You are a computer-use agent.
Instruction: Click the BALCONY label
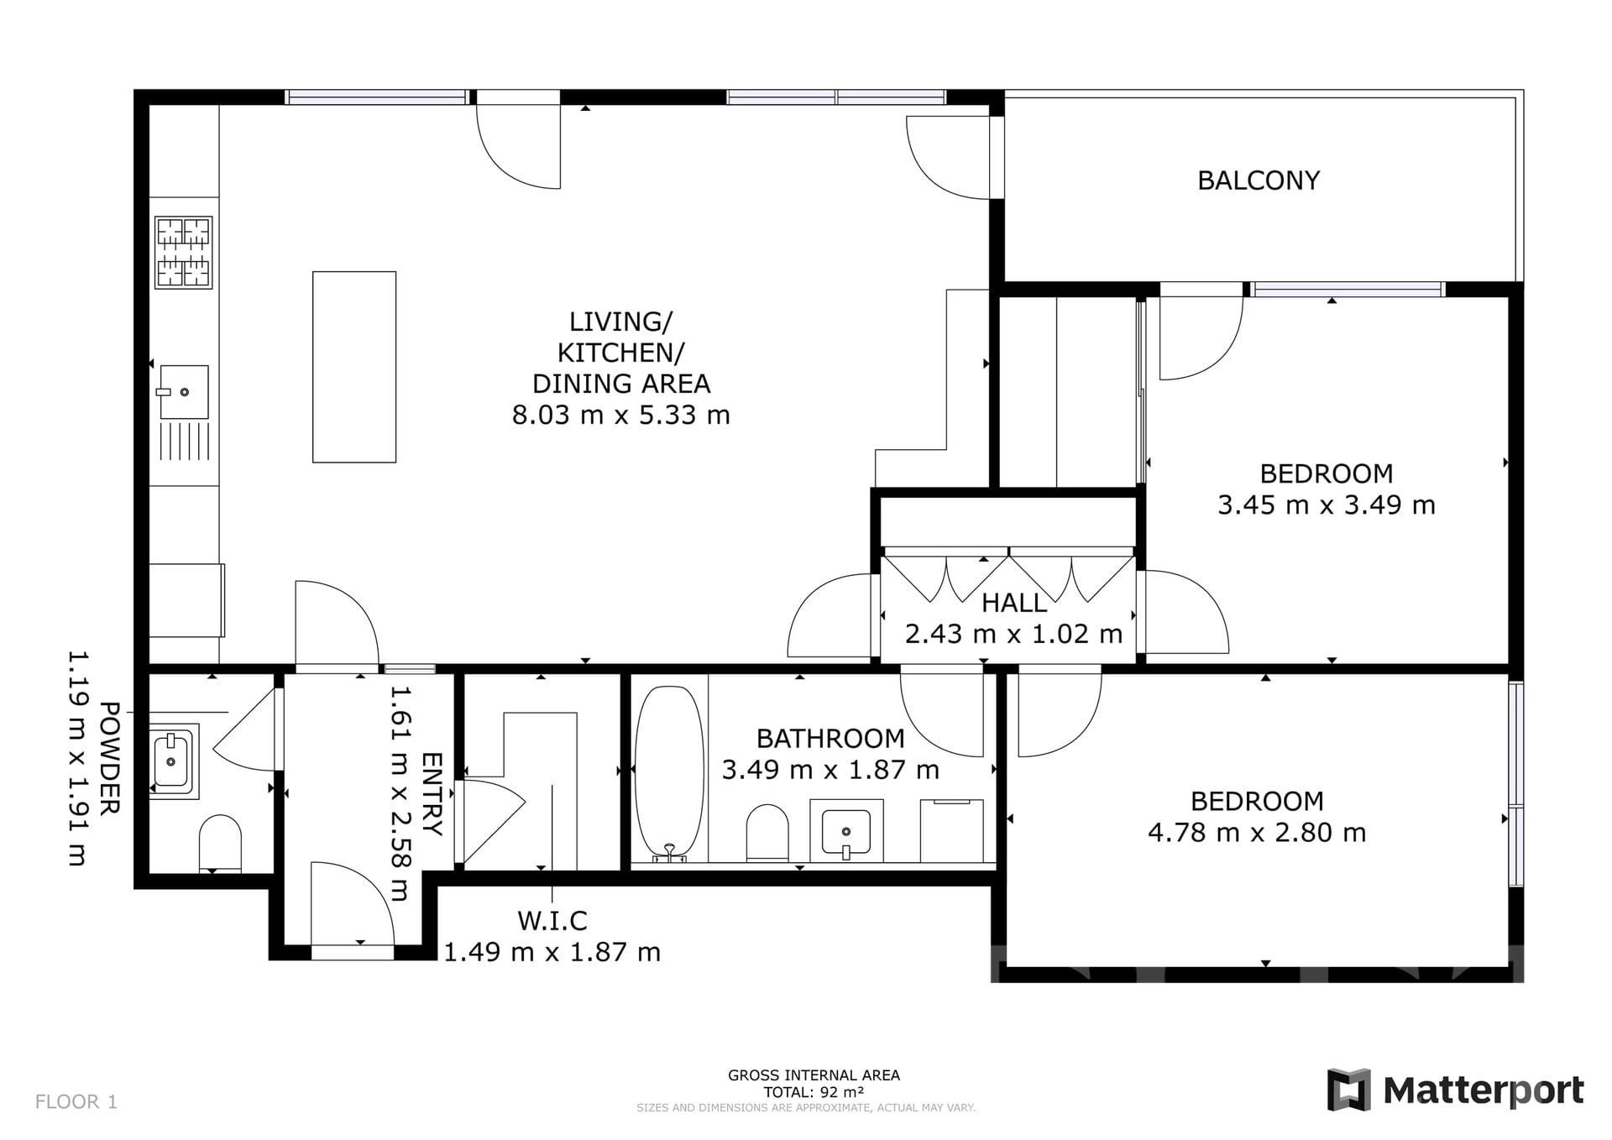click(x=1259, y=180)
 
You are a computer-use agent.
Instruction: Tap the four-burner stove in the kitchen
click(x=183, y=253)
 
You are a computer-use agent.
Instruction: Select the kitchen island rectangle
click(x=354, y=367)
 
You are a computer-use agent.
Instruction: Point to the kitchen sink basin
click(x=184, y=392)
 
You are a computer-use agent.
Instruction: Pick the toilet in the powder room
click(x=220, y=843)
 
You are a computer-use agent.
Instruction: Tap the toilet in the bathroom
click(x=767, y=833)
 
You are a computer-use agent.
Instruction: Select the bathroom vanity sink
click(x=846, y=831)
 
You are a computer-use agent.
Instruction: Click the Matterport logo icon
click(x=1348, y=1090)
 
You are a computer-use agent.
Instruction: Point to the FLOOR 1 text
click(x=76, y=1101)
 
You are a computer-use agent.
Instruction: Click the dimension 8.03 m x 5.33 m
click(x=621, y=415)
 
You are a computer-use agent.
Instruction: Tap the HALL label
click(x=1014, y=603)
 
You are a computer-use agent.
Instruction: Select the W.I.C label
click(x=552, y=921)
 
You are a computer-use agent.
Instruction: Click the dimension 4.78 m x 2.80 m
click(x=1257, y=832)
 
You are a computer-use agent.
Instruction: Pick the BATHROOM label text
click(x=830, y=739)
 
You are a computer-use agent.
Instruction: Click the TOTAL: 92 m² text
click(x=814, y=1092)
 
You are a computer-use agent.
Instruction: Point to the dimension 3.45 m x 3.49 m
click(x=1327, y=505)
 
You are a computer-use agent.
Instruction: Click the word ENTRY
click(x=432, y=794)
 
